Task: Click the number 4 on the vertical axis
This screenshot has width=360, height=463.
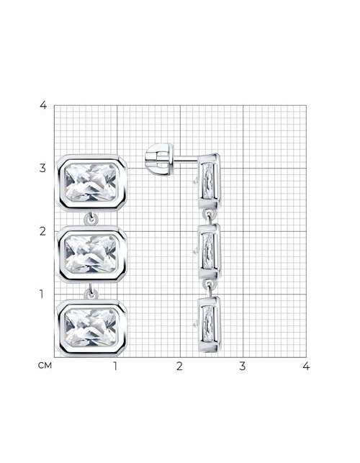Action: point(43,105)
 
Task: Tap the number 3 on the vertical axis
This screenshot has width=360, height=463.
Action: point(43,168)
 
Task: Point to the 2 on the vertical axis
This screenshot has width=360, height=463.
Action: point(43,231)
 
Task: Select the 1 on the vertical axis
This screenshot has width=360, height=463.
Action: point(42,294)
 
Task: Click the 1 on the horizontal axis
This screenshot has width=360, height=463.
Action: point(115,366)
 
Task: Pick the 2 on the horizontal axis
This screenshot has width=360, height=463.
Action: point(179,366)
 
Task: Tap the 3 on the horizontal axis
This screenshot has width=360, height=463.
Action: point(242,366)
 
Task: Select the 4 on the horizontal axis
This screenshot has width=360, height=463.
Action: point(306,366)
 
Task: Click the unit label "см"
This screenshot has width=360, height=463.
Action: point(45,366)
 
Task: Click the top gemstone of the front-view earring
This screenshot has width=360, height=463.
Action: point(91,182)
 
